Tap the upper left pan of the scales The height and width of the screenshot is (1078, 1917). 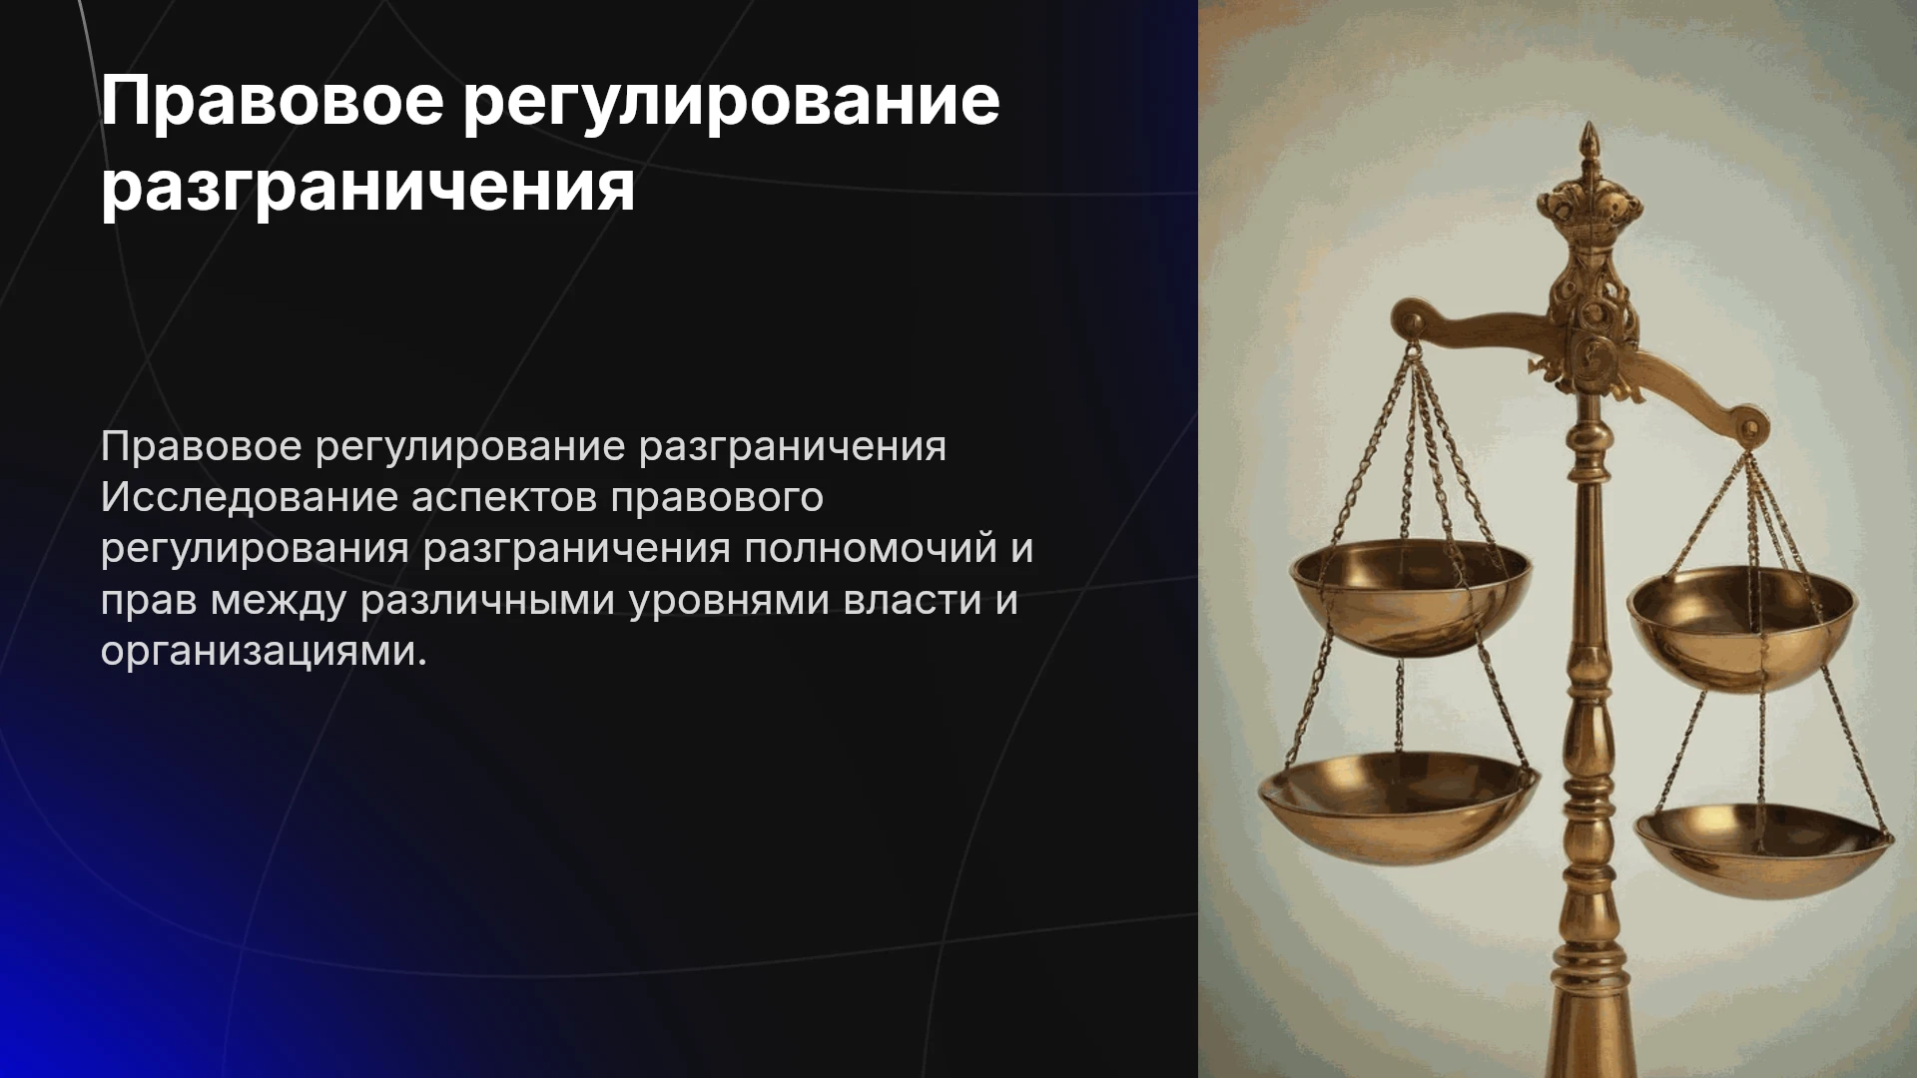1410,597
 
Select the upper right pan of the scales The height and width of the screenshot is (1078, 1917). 1741,627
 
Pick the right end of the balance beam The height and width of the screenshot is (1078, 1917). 1749,427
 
